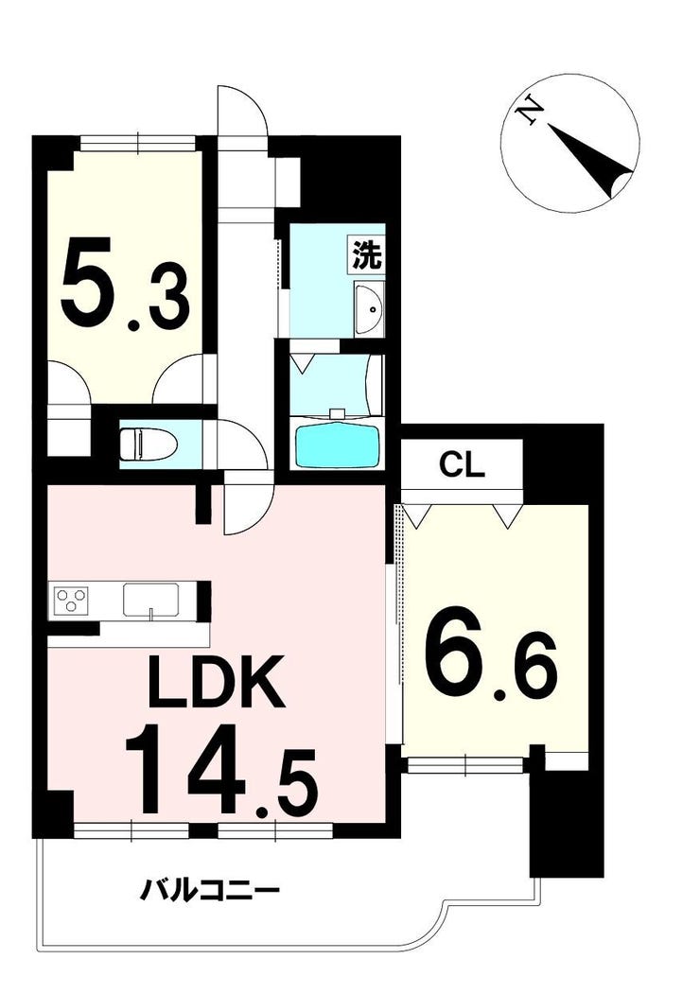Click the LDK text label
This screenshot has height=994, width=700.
216,682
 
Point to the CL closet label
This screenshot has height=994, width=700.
463,466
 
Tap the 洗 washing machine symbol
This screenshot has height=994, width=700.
367,255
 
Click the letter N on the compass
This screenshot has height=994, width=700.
528,112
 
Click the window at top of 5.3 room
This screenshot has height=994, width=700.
139,143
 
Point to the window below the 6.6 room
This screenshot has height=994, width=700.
466,766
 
